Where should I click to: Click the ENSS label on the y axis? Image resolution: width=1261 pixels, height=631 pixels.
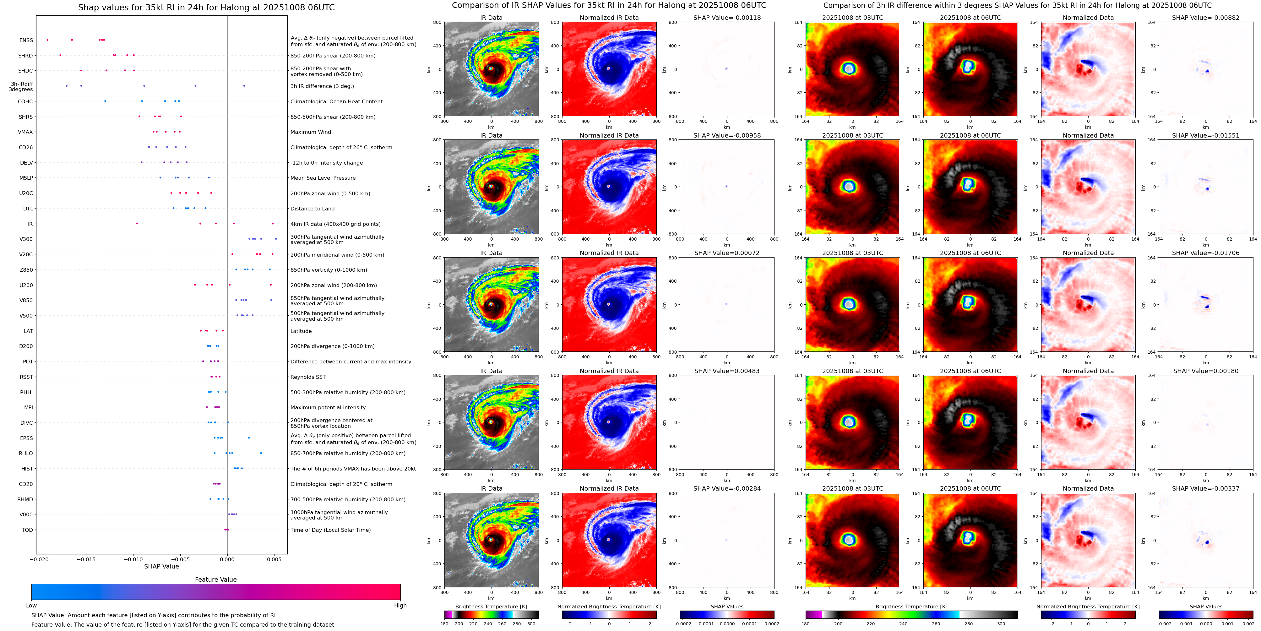pos(26,41)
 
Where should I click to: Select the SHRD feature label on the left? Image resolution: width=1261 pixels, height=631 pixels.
pos(25,56)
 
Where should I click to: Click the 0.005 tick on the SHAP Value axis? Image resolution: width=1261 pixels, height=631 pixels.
pos(274,559)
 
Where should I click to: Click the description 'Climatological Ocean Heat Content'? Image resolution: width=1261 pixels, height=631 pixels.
pos(336,102)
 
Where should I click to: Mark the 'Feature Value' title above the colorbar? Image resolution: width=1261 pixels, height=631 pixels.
pos(215,579)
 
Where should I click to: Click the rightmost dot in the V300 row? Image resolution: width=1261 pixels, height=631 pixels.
pos(276,239)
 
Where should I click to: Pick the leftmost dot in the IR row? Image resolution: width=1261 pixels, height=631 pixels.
pos(137,224)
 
